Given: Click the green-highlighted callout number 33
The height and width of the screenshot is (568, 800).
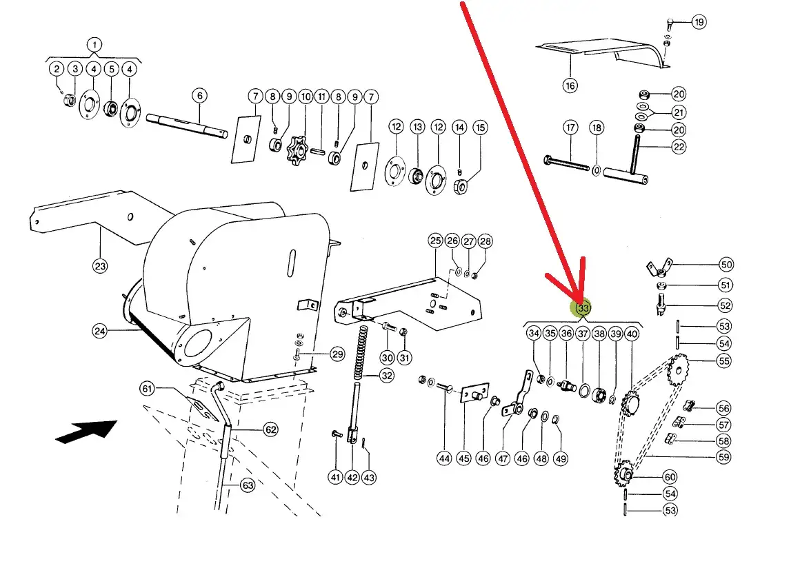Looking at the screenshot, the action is [583, 308].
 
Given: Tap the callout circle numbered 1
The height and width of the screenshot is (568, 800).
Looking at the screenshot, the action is [94, 44].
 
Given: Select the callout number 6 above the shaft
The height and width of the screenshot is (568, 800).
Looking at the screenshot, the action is [199, 95].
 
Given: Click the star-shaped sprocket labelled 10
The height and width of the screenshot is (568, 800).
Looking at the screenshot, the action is [297, 150].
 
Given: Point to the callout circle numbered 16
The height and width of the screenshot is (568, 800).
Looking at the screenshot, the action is [570, 85].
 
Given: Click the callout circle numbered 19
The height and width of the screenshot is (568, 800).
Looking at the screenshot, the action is [699, 22].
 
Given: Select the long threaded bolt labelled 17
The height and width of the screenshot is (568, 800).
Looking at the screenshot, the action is [567, 163].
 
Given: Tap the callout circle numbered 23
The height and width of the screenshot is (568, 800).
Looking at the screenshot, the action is [100, 265].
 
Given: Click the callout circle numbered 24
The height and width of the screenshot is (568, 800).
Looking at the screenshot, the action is [99, 332].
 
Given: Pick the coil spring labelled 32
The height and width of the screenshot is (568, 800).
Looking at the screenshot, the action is [363, 352].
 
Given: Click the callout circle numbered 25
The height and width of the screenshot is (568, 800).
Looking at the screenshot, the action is [435, 241].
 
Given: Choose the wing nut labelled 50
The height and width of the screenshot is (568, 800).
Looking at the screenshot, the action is [659, 267].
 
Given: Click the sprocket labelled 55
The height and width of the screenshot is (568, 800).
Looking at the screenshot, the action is [678, 369].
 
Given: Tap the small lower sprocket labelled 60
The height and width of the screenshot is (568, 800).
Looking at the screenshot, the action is [623, 473].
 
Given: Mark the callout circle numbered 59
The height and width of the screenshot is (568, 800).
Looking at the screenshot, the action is [723, 457].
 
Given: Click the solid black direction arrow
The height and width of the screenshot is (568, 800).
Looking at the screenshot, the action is [86, 431].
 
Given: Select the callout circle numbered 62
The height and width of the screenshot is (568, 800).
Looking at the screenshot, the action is [270, 430].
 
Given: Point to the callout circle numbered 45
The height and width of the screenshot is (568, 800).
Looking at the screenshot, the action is [463, 458].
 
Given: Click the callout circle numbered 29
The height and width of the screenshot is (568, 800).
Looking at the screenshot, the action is [337, 354].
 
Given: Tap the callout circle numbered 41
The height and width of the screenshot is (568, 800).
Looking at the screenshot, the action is [335, 477].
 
